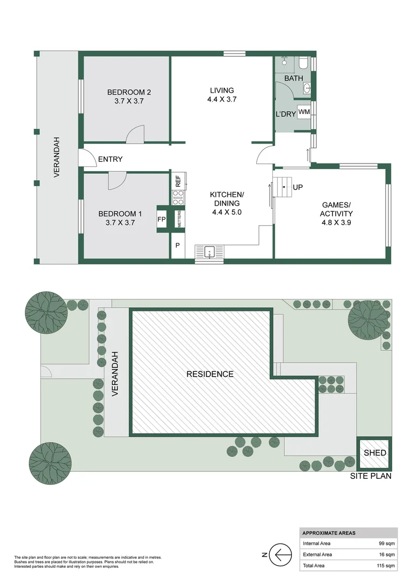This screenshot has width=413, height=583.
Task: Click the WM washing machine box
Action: coord(304,112)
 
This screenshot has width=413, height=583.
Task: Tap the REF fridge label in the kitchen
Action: coord(178,181)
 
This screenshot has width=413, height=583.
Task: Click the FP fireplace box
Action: coord(162,219)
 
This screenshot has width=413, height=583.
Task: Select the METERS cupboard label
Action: coord(179,219)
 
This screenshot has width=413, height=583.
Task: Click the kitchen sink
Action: coord(209,253)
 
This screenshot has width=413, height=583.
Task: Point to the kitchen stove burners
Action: coord(178,197)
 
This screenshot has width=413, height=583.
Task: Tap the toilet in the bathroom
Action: coord(303,63)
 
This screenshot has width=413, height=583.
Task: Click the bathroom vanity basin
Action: coord(307,89)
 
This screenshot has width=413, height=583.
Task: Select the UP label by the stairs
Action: coord(298,187)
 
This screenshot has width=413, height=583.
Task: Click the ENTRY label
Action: coord(110,159)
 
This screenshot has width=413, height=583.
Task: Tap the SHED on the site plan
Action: coord(375,453)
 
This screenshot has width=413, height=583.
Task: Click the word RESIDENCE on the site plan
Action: coord(210,374)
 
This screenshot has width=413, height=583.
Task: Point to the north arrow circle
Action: coord(280,555)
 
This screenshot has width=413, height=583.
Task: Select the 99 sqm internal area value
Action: coord(387,543)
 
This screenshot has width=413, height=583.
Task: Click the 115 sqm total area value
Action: coord(386,566)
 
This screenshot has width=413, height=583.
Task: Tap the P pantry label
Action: coord(178,245)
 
